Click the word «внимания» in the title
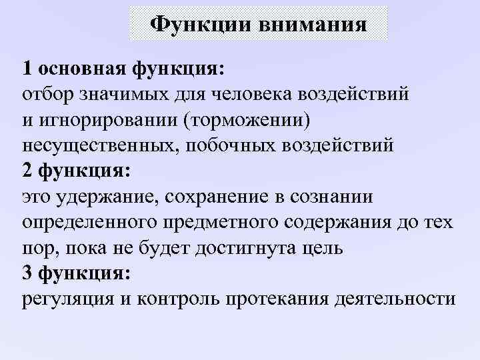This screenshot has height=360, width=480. pos(311,25)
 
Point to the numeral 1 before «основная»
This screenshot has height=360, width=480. pos(27,68)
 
